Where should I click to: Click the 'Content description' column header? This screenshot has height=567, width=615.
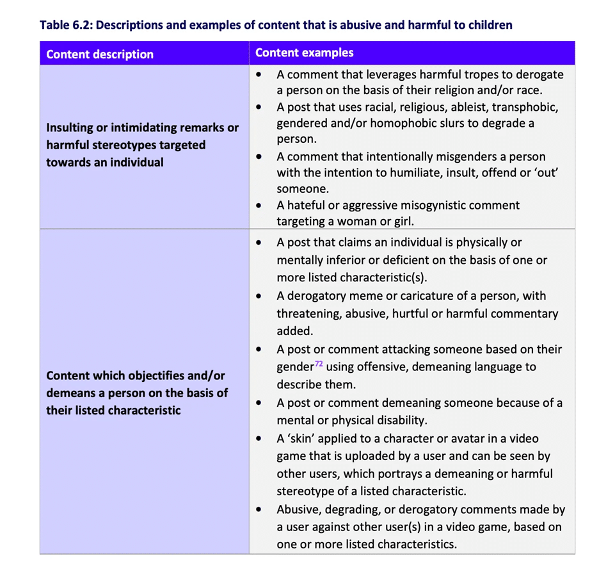pos(100,54)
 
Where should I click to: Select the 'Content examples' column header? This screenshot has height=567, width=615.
pos(304,53)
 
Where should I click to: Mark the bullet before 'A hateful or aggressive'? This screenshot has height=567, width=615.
pos(259,206)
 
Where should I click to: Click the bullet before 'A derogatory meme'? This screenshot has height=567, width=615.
pos(259,297)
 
